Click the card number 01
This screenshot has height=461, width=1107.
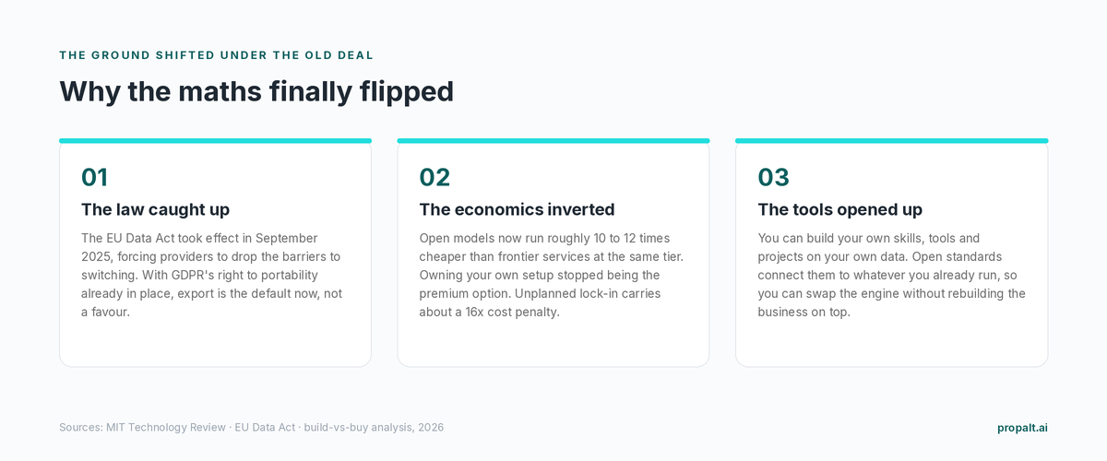click(94, 177)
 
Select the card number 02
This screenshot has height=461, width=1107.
click(434, 177)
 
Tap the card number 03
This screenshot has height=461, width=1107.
click(773, 177)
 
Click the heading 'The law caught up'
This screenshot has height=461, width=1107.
click(155, 209)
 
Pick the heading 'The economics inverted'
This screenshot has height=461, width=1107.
click(517, 209)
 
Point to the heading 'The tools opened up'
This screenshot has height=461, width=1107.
click(839, 209)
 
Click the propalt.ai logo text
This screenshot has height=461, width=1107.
click(1022, 428)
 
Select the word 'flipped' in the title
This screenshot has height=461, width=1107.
click(406, 92)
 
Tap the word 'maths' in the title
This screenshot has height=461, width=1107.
click(220, 91)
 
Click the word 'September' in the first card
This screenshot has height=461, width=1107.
click(286, 238)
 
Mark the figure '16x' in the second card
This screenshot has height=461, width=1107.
click(475, 313)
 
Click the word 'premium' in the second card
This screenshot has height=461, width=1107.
click(440, 294)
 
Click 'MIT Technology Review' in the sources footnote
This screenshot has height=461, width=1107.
click(165, 428)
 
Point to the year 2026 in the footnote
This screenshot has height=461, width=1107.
click(431, 428)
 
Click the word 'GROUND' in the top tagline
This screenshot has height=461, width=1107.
click(121, 55)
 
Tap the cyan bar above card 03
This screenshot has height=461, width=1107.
click(891, 141)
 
